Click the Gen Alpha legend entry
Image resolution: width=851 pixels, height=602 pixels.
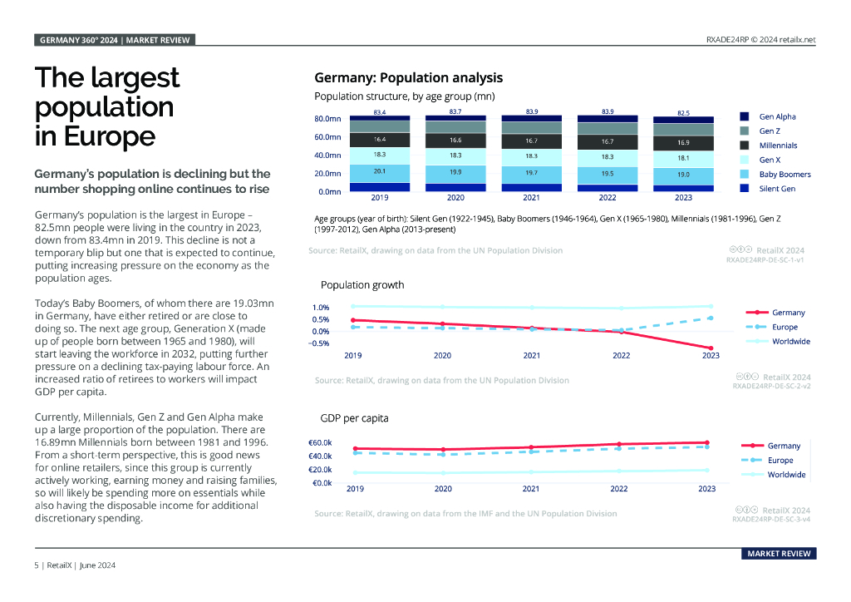(x=777, y=117)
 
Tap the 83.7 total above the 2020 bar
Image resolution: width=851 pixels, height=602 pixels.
(x=455, y=111)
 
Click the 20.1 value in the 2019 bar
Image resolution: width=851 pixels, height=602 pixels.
(x=379, y=171)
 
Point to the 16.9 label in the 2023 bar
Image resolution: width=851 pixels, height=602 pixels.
(x=683, y=142)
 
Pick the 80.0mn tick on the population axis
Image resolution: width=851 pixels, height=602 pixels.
(x=327, y=119)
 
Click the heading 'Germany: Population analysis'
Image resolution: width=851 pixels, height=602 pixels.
(x=408, y=78)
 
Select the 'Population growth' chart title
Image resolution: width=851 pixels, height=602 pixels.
(x=362, y=285)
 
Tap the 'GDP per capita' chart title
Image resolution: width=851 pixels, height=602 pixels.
(x=354, y=418)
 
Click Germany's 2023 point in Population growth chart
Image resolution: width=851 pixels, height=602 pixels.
(x=711, y=348)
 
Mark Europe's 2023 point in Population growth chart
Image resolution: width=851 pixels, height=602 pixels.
(x=711, y=318)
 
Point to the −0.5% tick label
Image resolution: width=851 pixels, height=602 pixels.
(x=318, y=343)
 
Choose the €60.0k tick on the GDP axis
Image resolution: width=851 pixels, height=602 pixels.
(x=322, y=442)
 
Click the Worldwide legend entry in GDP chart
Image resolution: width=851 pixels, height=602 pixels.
(x=785, y=475)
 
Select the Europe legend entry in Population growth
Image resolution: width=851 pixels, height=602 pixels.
(x=784, y=327)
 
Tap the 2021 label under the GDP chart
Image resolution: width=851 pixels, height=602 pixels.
(x=531, y=489)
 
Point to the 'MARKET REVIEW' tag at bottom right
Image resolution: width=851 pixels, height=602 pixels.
(x=779, y=554)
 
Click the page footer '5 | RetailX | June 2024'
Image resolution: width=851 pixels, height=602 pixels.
(x=74, y=565)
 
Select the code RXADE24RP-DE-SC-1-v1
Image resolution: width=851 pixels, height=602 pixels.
(x=765, y=260)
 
